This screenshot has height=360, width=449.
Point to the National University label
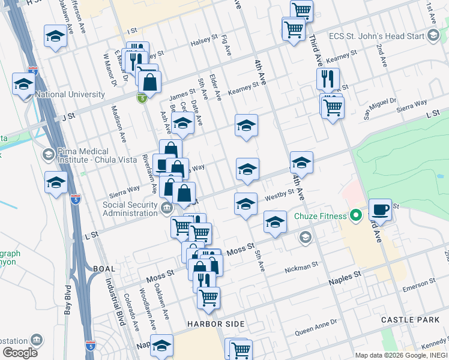click(70, 94)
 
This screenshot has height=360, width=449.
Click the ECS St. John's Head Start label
click(376, 35)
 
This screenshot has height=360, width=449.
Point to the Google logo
click(20, 352)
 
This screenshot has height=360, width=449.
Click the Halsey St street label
click(204, 40)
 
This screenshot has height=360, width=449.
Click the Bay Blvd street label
click(68, 298)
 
